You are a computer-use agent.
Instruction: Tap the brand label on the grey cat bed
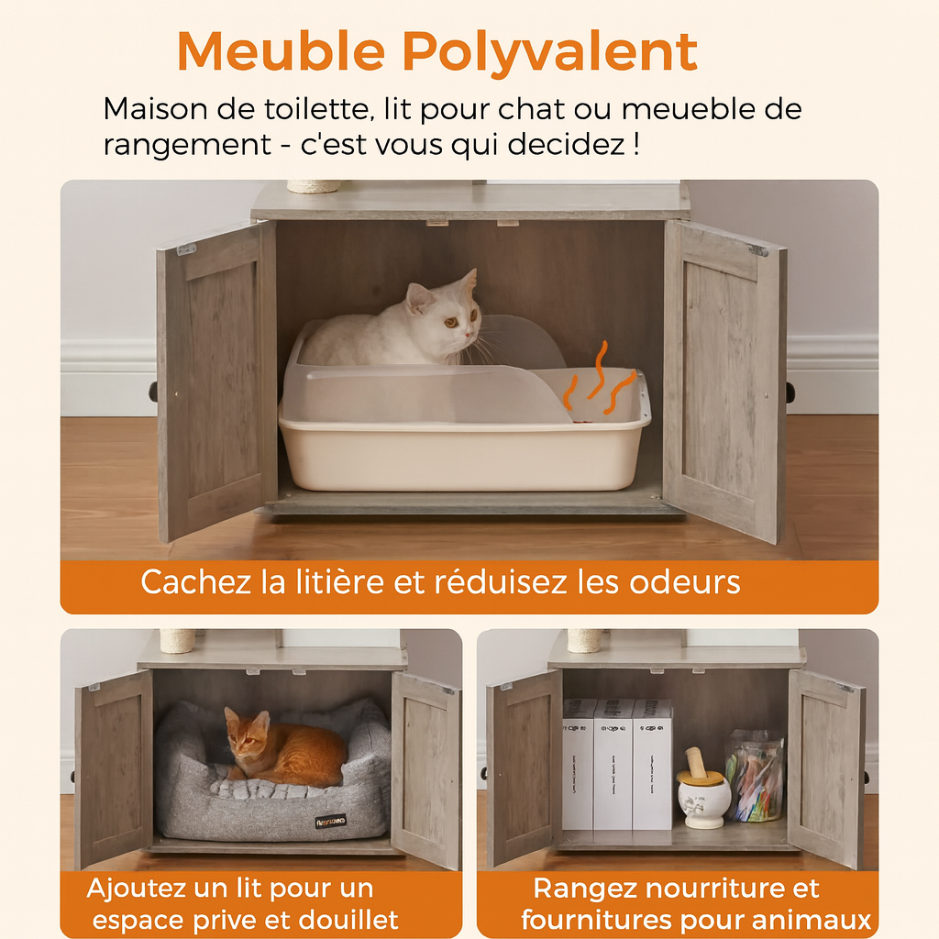tap(330, 821)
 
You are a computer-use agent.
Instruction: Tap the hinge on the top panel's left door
tap(187, 249)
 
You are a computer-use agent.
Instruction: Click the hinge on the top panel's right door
tap(758, 250)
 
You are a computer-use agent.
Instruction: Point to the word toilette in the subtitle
tap(318, 109)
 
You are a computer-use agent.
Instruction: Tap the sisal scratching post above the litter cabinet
tap(314, 186)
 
